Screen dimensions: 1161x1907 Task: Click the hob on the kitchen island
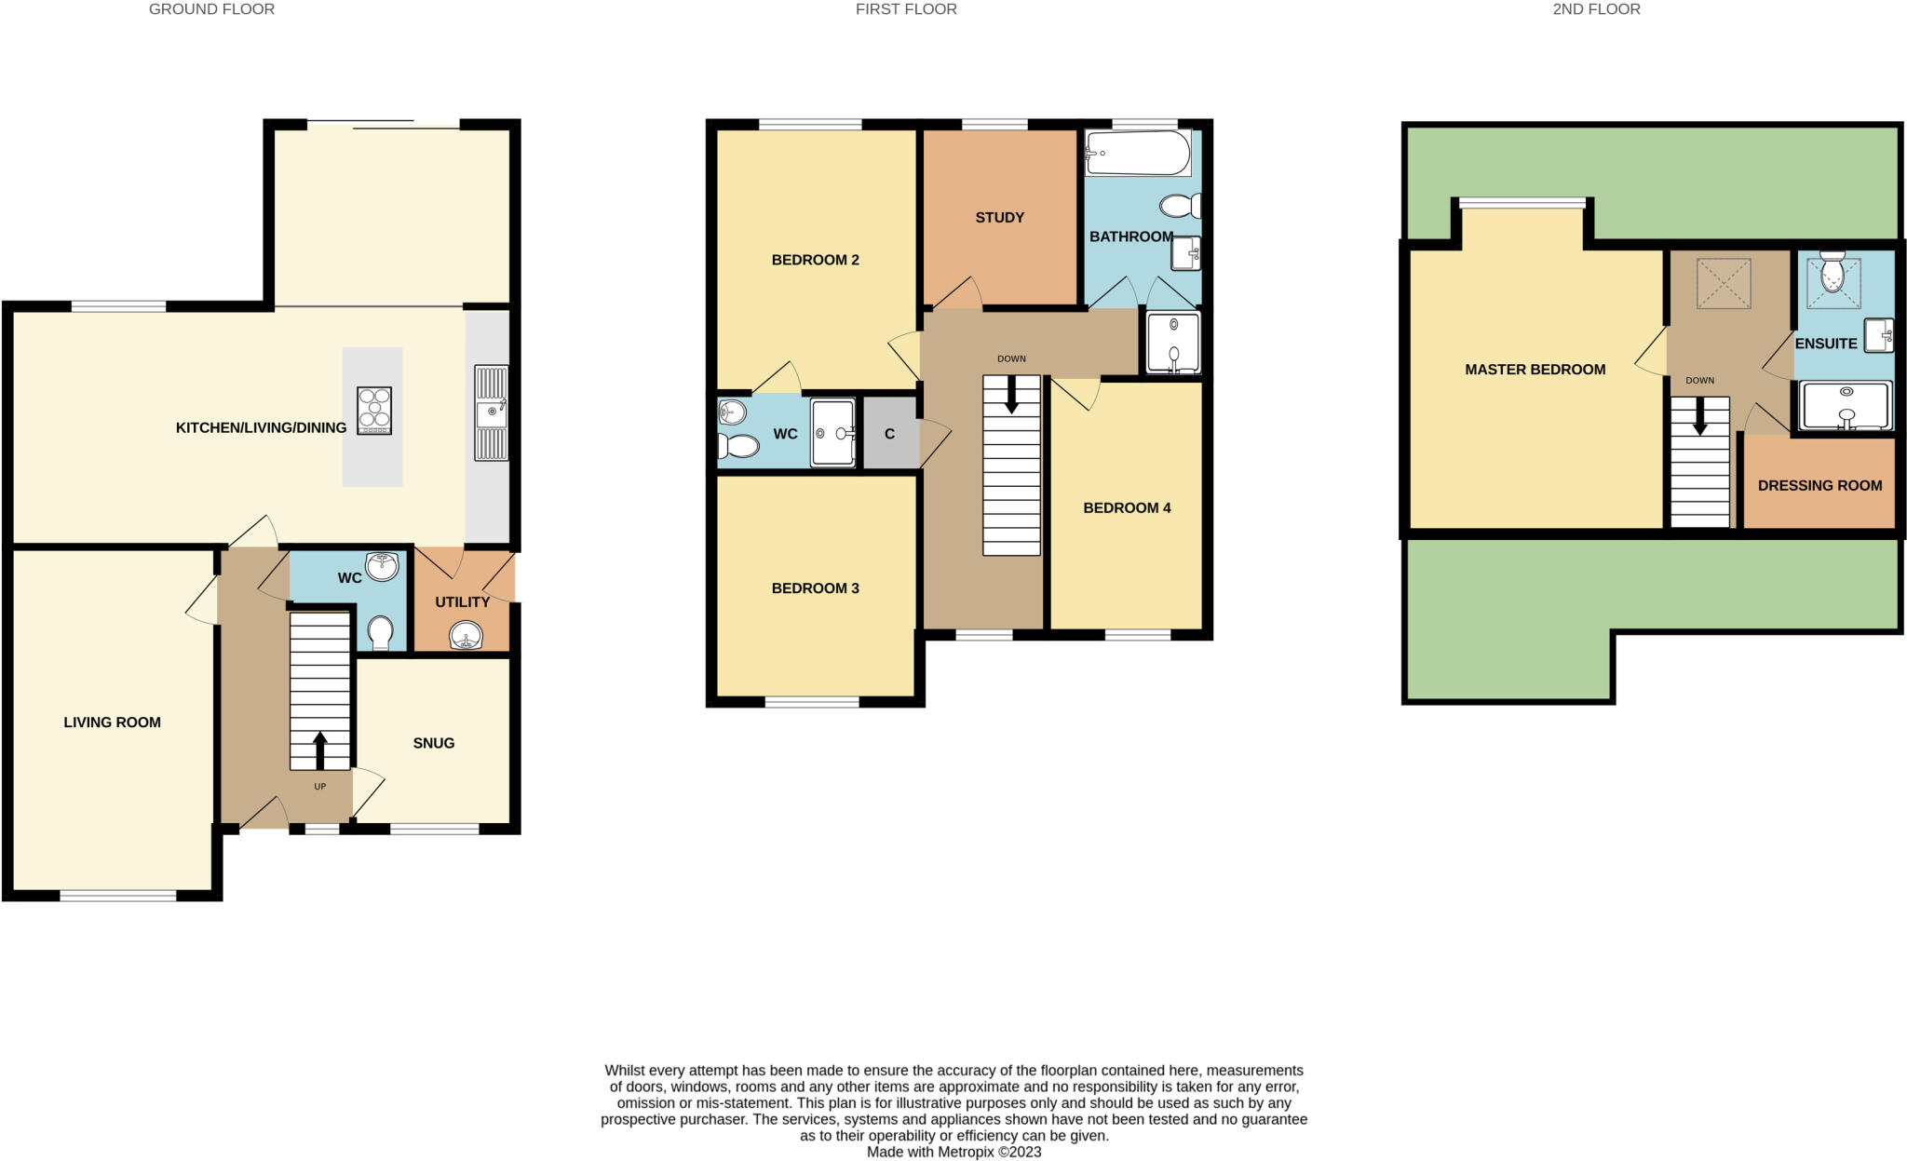pyautogui.click(x=373, y=411)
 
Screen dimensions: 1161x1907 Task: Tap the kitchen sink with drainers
pyautogui.click(x=491, y=412)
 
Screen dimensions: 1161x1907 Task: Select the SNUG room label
pyautogui.click(x=433, y=743)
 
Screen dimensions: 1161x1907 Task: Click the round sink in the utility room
pyautogui.click(x=466, y=637)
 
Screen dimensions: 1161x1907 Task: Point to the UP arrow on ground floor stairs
pyautogui.click(x=319, y=750)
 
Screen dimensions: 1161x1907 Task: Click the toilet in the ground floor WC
pyautogui.click(x=380, y=632)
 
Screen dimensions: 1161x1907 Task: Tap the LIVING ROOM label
pyautogui.click(x=112, y=722)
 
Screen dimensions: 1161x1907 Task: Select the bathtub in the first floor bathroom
pyautogui.click(x=1137, y=153)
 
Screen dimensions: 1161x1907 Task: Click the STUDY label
pyautogui.click(x=999, y=218)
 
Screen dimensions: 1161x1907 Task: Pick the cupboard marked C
pyautogui.click(x=889, y=434)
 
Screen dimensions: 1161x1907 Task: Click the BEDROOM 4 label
pyautogui.click(x=1127, y=508)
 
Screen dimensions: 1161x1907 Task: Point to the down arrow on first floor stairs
pyautogui.click(x=1011, y=395)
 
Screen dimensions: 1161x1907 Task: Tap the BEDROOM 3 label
pyautogui.click(x=815, y=588)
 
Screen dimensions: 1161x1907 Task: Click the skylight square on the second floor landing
pyautogui.click(x=1724, y=283)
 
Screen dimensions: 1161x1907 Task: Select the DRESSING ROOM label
pyautogui.click(x=1819, y=486)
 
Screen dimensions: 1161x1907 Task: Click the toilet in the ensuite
pyautogui.click(x=1833, y=271)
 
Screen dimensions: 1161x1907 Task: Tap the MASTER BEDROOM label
pyautogui.click(x=1535, y=370)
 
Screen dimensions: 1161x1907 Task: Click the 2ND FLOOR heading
pyautogui.click(x=1596, y=9)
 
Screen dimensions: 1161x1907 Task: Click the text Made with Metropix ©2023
pyautogui.click(x=953, y=1152)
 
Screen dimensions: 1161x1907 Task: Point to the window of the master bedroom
pyautogui.click(x=1522, y=203)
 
